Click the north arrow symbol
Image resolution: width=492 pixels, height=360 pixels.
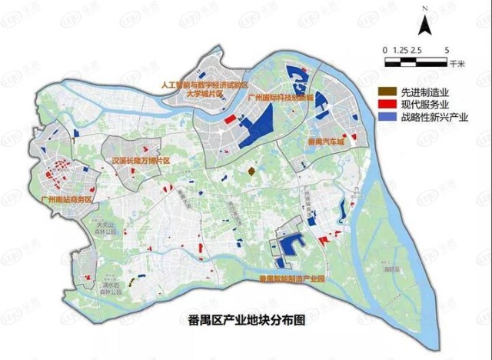424,23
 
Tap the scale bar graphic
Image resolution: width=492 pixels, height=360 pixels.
415,58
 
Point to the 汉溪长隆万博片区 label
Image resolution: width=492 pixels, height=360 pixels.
140,161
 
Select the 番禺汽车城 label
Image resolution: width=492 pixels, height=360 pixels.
326,142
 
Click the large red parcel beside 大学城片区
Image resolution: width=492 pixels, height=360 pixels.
229,119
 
